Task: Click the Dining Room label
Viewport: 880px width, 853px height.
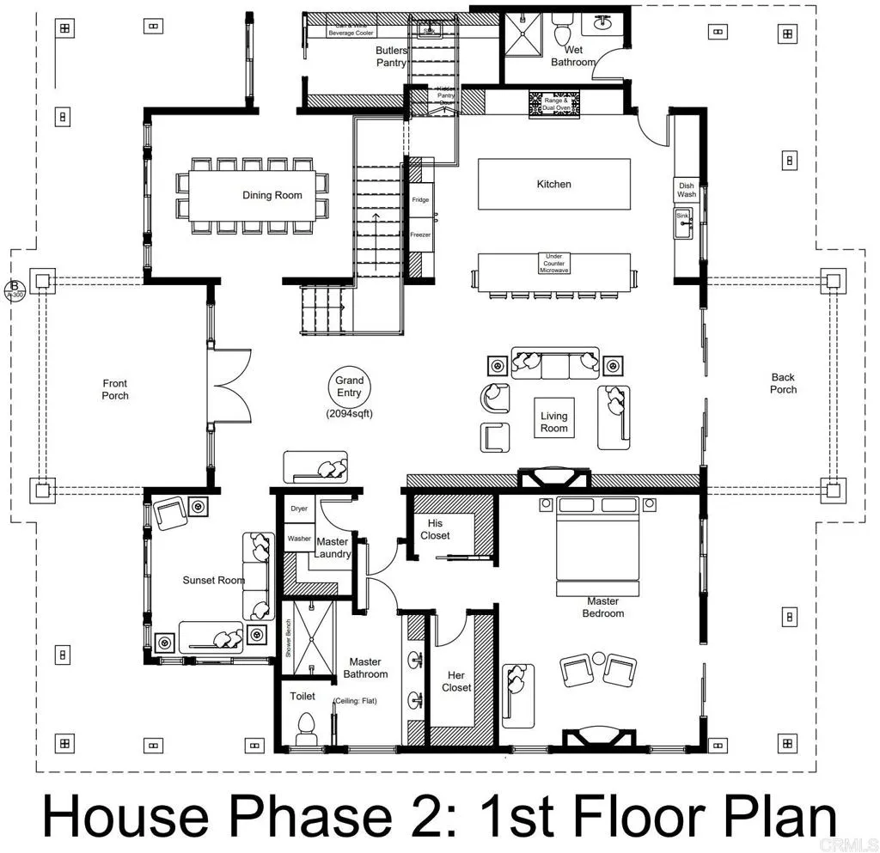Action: click(272, 195)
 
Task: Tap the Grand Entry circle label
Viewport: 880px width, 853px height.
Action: click(349, 386)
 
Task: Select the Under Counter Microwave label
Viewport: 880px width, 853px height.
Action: click(553, 263)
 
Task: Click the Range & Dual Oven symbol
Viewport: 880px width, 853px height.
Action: click(554, 103)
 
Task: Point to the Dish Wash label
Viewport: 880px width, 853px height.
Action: click(686, 190)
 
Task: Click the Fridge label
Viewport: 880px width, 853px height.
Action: click(420, 199)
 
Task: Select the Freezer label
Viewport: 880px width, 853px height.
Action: click(420, 234)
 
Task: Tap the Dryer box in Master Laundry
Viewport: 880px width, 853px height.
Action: click(299, 509)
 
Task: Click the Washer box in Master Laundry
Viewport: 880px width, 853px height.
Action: click(299, 539)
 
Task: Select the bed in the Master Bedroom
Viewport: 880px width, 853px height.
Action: click(598, 541)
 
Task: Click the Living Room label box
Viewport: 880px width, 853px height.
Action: click(554, 422)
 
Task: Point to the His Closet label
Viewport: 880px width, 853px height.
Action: click(436, 529)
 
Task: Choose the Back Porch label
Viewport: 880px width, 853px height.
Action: click(783, 383)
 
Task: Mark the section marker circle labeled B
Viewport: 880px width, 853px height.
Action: click(15, 288)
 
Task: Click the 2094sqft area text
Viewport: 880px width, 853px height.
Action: click(349, 413)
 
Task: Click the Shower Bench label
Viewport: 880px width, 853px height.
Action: click(289, 641)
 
